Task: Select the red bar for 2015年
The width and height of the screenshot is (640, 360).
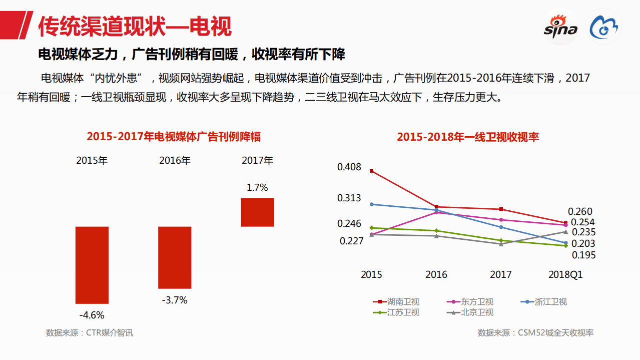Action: point(92,265)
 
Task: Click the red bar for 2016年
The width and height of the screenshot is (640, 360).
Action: point(175,257)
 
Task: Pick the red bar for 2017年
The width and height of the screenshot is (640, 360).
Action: point(257,212)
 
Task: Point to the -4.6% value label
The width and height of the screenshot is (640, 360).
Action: point(92,315)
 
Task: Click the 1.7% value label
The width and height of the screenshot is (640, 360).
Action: point(257,188)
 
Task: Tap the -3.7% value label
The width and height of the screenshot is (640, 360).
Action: point(175,300)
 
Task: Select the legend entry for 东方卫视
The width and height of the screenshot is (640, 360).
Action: point(470,302)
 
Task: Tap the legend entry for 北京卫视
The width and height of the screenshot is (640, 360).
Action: point(470,312)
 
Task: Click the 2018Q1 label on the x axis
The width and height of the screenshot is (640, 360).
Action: point(565,275)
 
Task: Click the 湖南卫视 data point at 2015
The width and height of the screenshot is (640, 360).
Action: point(371,171)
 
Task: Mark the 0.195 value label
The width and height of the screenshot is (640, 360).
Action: point(583,255)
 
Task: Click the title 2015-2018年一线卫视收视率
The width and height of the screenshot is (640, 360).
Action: point(468,137)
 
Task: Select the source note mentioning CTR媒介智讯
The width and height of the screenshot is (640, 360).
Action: point(90,332)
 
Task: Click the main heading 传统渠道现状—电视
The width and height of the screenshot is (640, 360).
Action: point(135,27)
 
